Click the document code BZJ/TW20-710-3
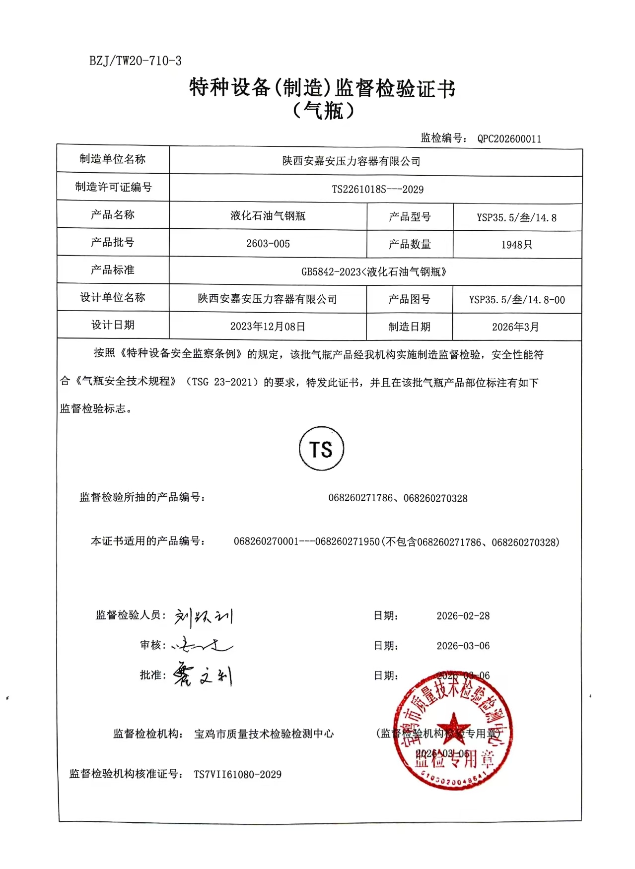click(x=136, y=61)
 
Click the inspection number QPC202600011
click(x=509, y=139)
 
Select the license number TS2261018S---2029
click(x=377, y=190)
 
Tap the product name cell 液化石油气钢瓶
click(x=268, y=216)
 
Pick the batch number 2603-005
click(x=268, y=244)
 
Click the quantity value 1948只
click(x=516, y=245)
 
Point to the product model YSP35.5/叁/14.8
click(x=516, y=217)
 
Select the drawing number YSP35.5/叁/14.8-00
click(x=517, y=300)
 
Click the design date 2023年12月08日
click(x=268, y=327)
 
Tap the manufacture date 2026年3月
click(x=515, y=327)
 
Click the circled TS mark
click(x=321, y=449)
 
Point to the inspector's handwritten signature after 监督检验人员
click(x=204, y=617)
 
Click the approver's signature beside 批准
click(x=203, y=675)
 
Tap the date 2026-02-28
click(x=463, y=616)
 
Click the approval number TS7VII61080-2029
click(x=237, y=774)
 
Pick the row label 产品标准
click(x=113, y=270)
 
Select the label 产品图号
click(x=409, y=299)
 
